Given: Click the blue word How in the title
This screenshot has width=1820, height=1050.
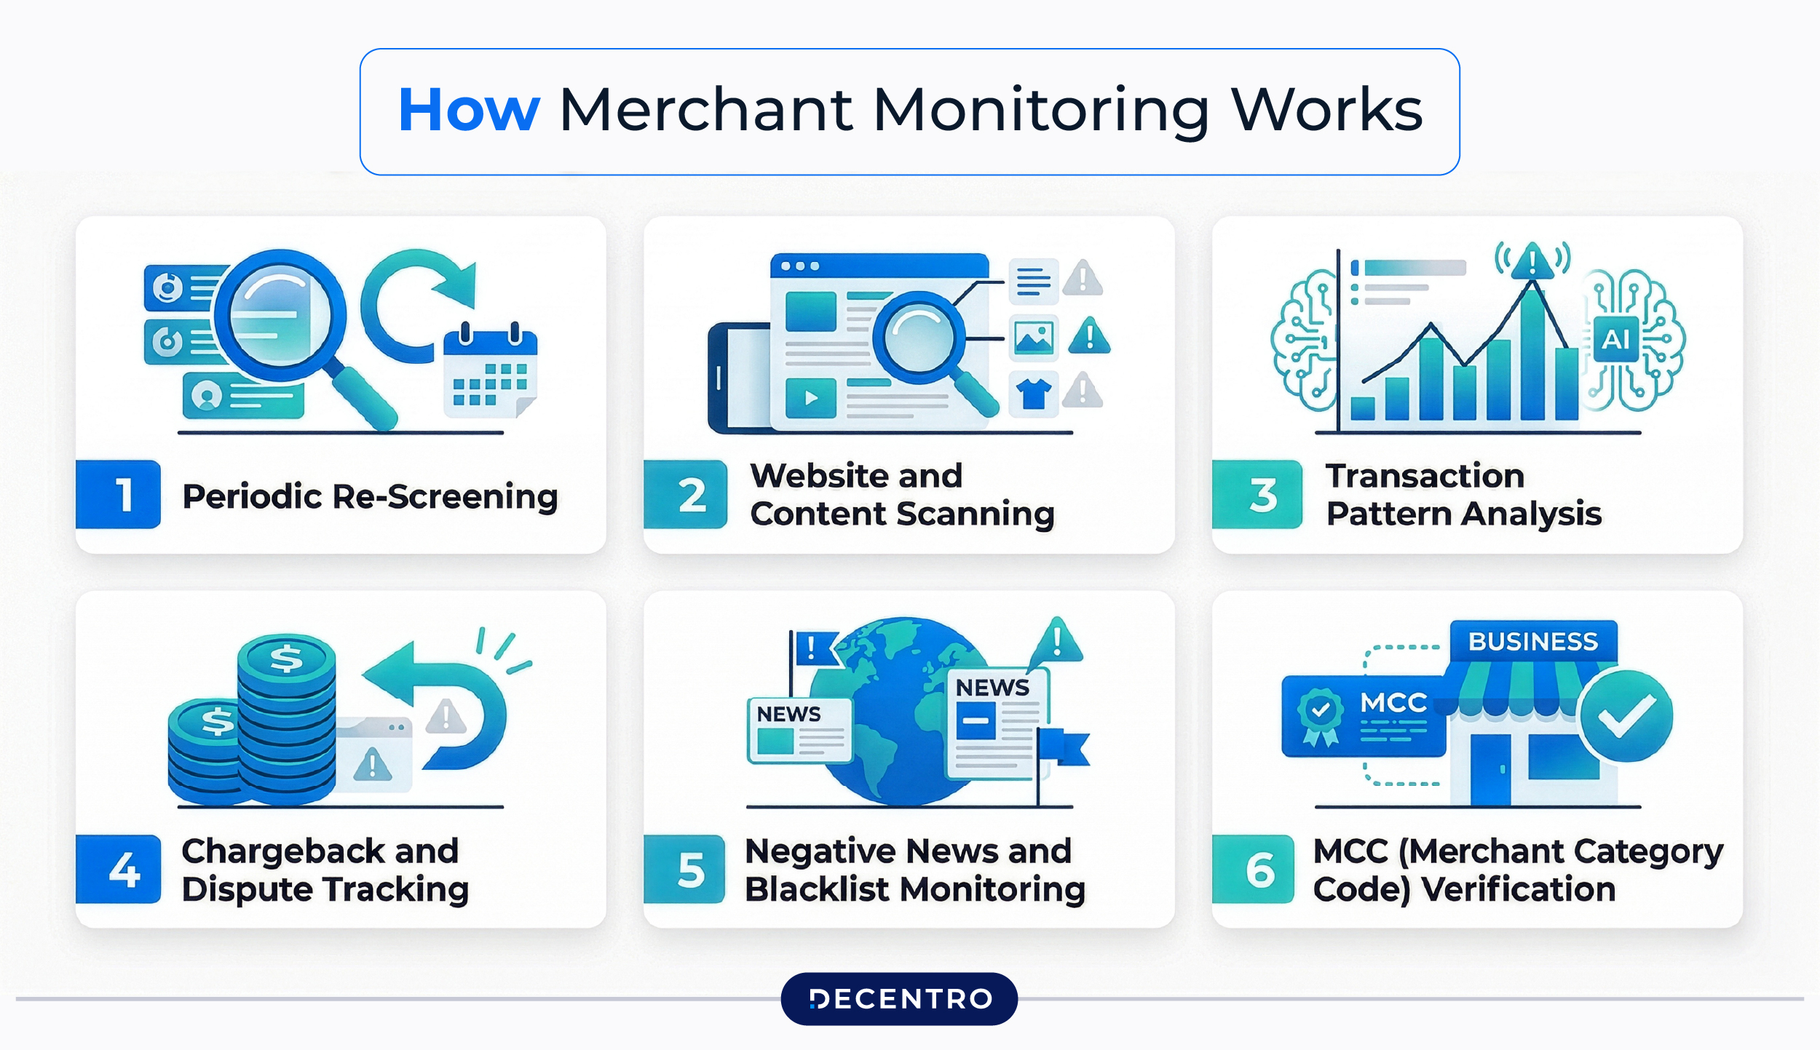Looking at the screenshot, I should pos(469,111).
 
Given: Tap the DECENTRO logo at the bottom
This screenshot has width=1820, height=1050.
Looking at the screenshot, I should pos(899,998).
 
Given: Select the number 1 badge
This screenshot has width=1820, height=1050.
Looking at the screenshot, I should pos(118,495).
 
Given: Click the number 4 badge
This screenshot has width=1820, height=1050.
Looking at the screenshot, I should pos(118,869).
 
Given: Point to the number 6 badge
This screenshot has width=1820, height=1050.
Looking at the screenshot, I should pos(1254,869).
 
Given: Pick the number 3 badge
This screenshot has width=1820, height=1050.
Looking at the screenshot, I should pos(1257,495).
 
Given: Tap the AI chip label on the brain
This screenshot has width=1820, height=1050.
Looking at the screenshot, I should pos(1615,339).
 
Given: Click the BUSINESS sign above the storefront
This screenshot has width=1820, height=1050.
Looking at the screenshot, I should pos(1533,641).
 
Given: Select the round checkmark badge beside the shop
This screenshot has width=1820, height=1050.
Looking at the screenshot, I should pos(1626,716).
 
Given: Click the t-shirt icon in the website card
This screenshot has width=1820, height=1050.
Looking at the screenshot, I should pos(1034,394).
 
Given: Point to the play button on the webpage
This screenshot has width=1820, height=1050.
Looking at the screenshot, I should pos(811,398).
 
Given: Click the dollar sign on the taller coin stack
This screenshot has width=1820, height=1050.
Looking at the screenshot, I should pos(286,659).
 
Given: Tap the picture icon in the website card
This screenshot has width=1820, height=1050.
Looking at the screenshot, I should pos(1034,338).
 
